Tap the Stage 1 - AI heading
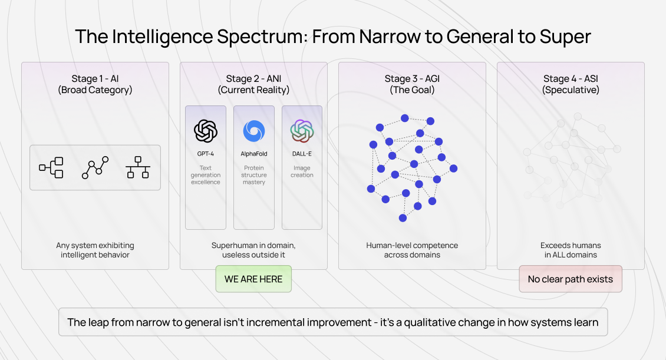tap(95, 78)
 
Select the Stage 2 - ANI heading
tap(253, 78)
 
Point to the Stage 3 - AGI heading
tap(412, 78)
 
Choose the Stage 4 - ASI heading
tap(571, 78)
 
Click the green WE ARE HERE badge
tap(253, 279)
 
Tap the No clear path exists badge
tap(571, 279)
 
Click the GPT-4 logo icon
tap(206, 131)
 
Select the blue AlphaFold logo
tap(254, 131)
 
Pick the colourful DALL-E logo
tap(302, 131)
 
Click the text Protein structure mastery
tap(254, 175)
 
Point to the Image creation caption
tap(302, 171)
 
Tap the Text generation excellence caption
tap(206, 175)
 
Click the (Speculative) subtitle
tap(571, 90)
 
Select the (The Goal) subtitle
tap(412, 90)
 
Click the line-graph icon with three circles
tap(95, 167)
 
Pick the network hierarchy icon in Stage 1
tap(138, 167)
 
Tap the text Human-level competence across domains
tap(412, 250)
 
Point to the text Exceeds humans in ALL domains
tap(571, 250)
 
